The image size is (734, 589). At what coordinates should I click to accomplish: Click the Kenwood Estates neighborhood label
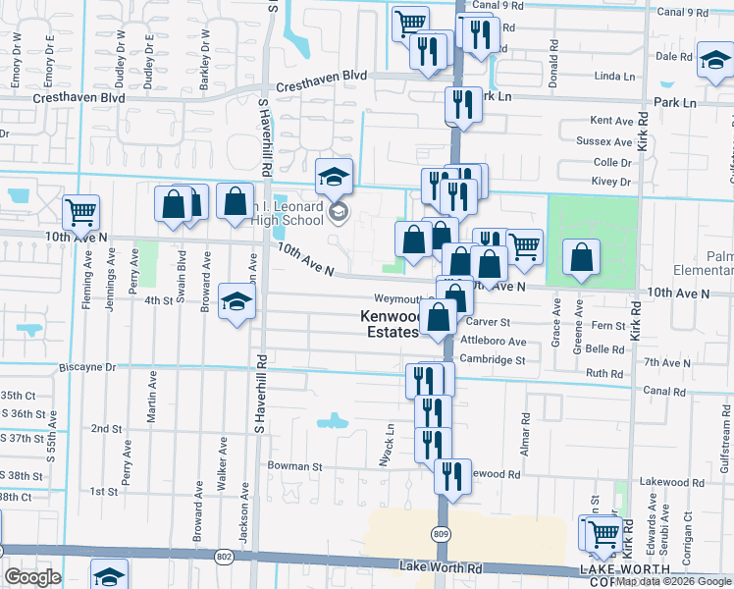coord(389,324)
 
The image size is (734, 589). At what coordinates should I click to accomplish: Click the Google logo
coord(32,576)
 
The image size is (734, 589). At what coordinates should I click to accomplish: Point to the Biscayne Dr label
coord(87,367)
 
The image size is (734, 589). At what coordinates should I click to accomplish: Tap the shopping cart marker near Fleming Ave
coord(80,211)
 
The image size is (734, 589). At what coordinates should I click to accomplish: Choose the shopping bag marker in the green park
coord(581,257)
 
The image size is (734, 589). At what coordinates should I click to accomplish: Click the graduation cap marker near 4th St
coord(236,302)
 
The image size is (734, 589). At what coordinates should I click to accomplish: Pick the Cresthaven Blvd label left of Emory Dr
coord(79,98)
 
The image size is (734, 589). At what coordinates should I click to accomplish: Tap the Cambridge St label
coord(494,360)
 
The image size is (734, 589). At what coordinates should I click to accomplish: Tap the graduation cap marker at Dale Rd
coord(713,60)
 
